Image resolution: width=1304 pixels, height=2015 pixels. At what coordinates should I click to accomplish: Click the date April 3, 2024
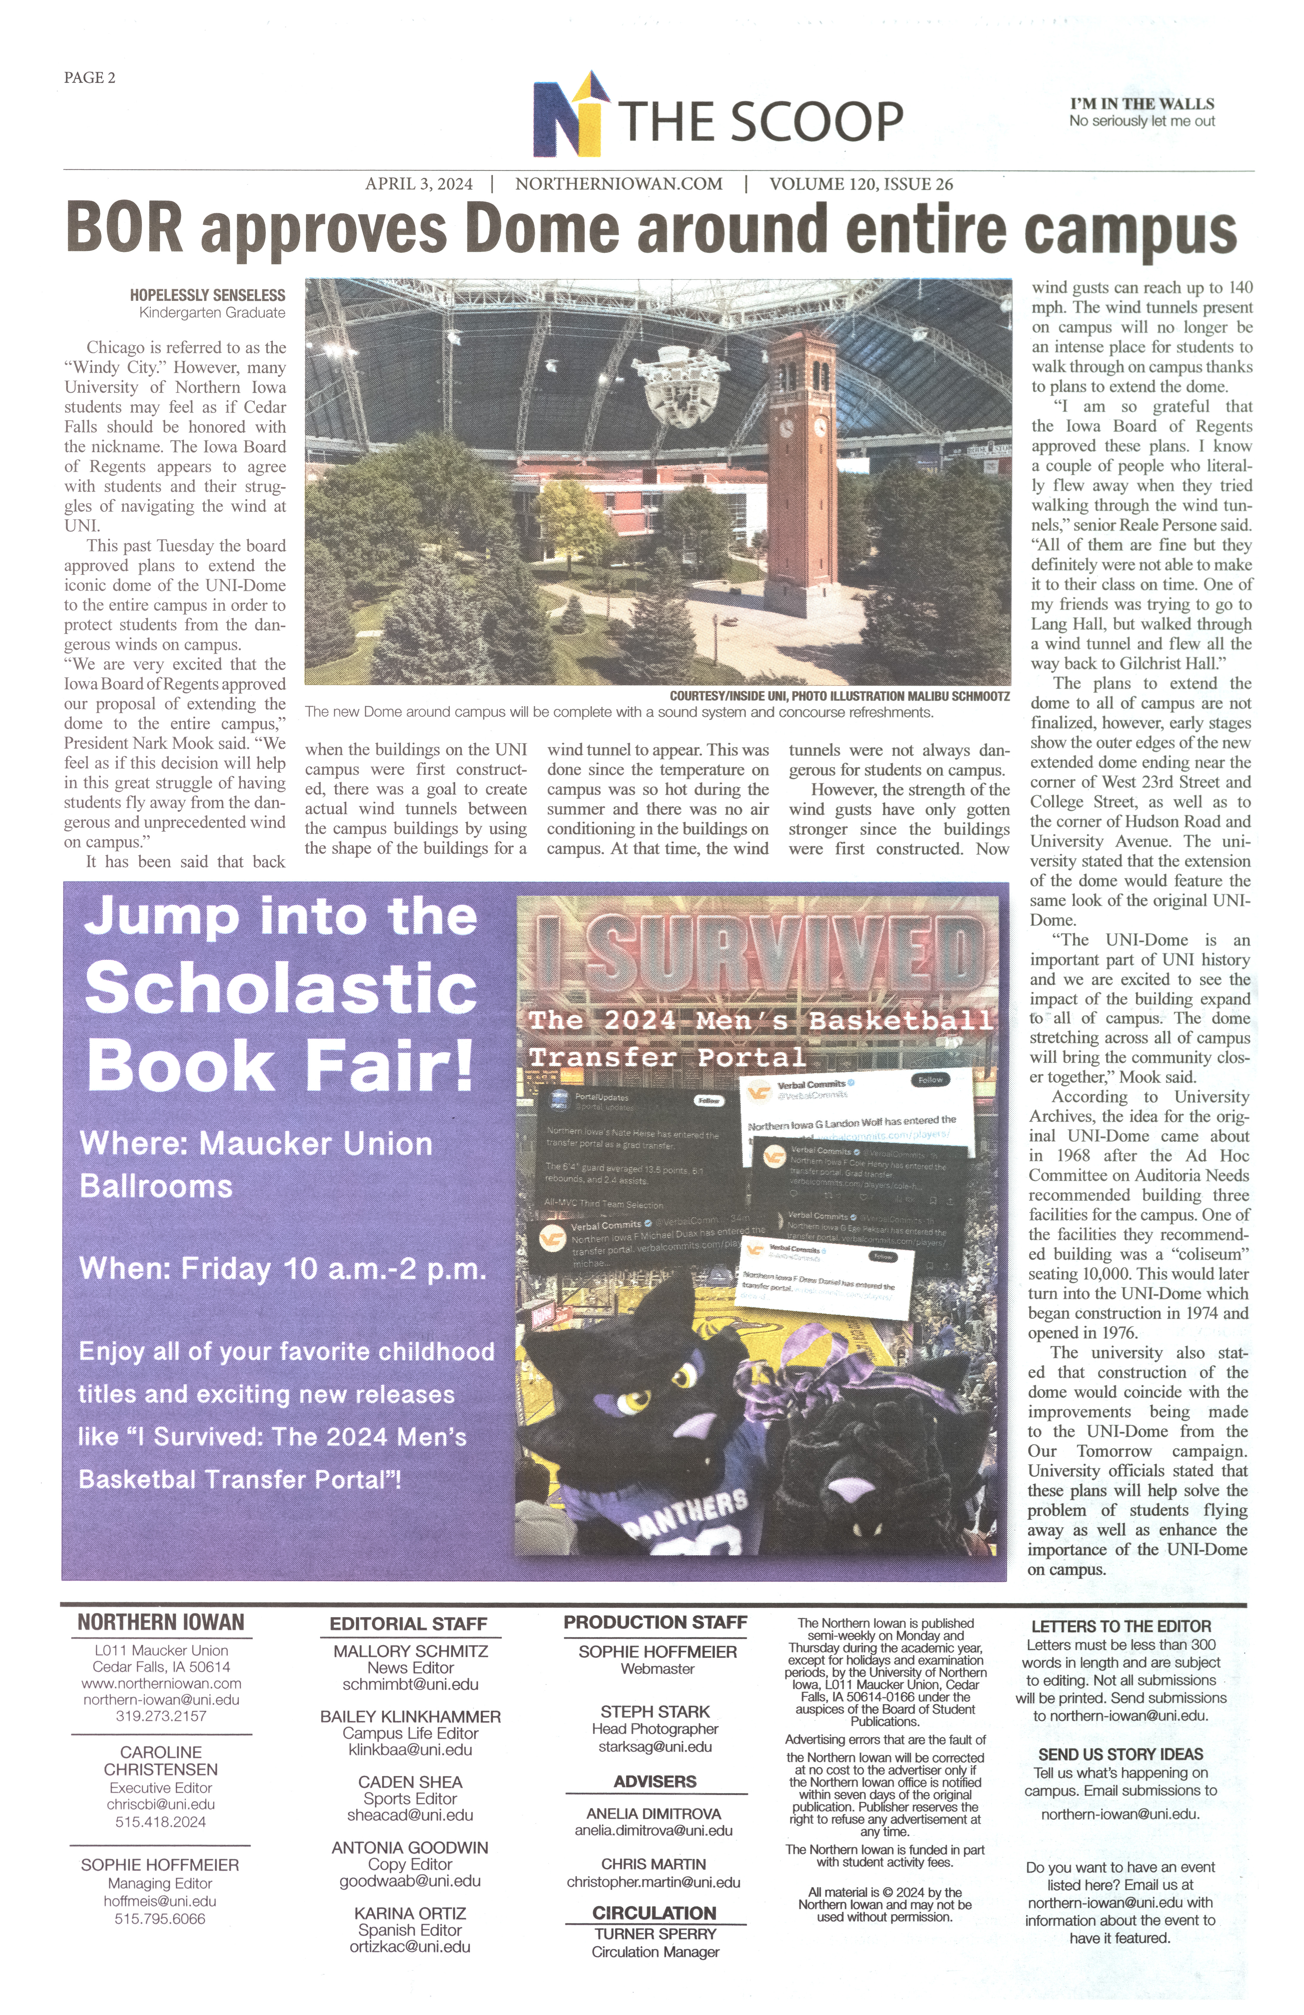pos(419,184)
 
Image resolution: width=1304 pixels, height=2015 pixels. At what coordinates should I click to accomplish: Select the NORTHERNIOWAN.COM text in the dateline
pos(618,184)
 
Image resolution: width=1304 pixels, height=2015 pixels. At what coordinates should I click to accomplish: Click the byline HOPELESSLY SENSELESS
pos(207,295)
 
